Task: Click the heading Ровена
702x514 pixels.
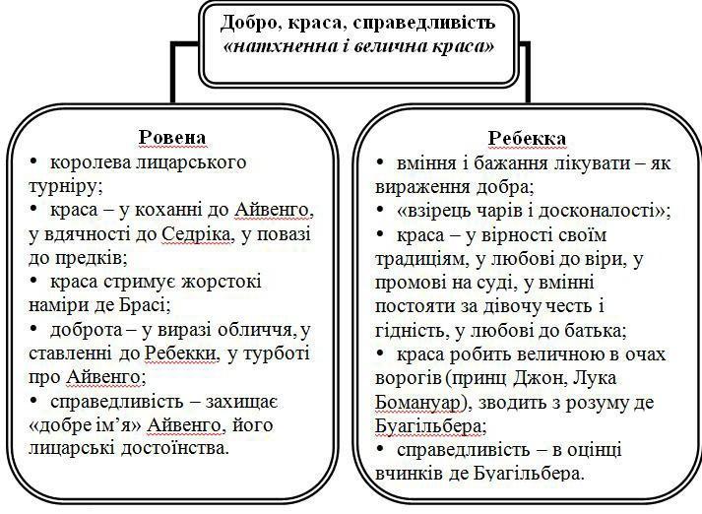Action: click(172, 138)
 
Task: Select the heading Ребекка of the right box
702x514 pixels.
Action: click(527, 139)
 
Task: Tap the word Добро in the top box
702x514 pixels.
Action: click(251, 22)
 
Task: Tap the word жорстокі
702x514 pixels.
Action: click(223, 282)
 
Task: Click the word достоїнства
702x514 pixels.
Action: click(175, 448)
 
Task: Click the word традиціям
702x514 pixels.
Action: click(419, 260)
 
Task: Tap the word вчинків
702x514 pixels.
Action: click(409, 474)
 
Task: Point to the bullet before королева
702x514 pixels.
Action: click(33, 162)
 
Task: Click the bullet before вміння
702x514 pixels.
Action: click(380, 163)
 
